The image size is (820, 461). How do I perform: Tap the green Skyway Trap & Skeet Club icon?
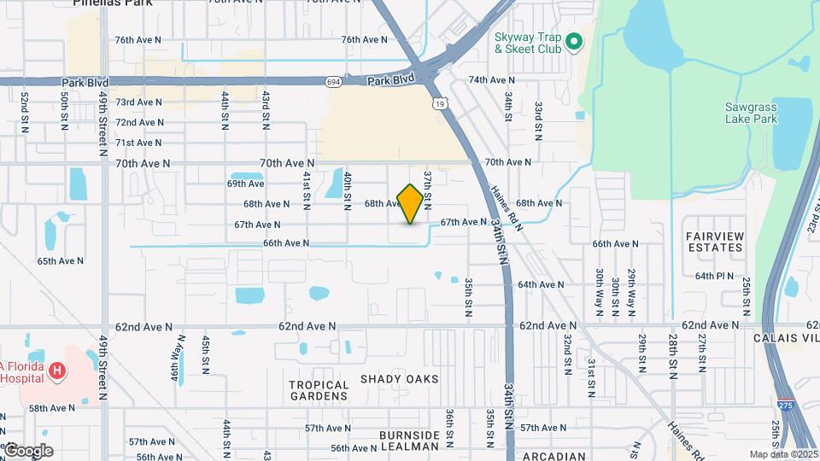(575, 40)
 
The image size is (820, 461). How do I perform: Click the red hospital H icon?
(57, 370)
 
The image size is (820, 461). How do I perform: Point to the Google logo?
(27, 451)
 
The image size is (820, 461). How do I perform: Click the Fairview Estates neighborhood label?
(714, 242)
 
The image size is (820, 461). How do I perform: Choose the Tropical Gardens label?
(319, 391)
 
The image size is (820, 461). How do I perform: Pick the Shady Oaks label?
(399, 378)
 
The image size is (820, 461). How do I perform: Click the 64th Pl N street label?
(715, 276)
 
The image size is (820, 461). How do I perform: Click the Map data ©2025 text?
(782, 454)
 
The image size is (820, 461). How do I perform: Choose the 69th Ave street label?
(246, 184)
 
